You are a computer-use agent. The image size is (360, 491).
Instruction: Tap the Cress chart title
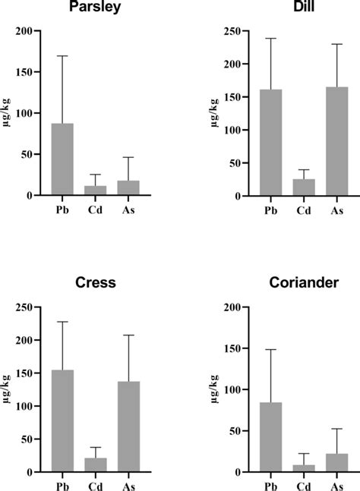[95, 283]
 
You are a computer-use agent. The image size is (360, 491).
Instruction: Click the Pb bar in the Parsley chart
[62, 159]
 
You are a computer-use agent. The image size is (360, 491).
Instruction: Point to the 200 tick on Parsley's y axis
[30, 31]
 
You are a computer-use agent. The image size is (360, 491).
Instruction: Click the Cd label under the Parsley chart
[96, 205]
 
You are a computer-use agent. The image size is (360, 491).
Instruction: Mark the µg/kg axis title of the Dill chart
[218, 112]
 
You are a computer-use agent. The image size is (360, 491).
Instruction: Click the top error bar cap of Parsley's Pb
[62, 56]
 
